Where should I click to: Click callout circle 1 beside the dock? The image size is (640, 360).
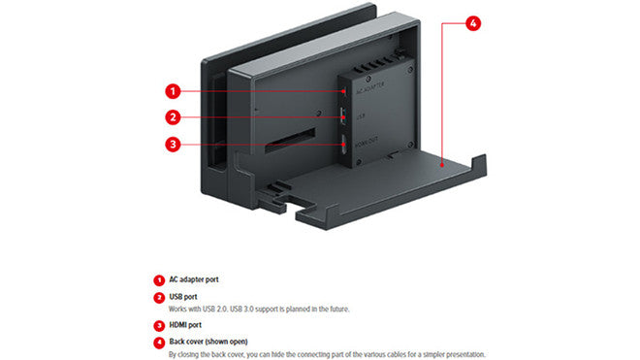(173, 92)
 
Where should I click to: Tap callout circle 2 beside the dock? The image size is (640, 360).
(173, 118)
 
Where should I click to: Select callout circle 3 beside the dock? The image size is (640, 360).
(173, 145)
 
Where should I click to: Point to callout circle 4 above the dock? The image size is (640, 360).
(472, 22)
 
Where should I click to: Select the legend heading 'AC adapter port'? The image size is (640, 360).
(194, 279)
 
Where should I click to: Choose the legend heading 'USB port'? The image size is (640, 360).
(183, 297)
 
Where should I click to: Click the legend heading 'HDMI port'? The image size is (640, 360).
(185, 325)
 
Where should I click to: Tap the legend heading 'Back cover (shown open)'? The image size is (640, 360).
(208, 343)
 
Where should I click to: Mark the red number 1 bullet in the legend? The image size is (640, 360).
(158, 279)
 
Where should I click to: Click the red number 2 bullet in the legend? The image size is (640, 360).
(158, 297)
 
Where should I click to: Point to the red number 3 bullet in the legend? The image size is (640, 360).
(158, 325)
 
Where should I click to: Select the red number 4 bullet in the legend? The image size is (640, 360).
(158, 343)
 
